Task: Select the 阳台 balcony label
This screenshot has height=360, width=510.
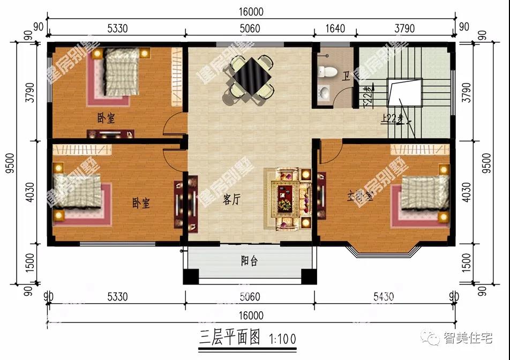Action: (x=249, y=261)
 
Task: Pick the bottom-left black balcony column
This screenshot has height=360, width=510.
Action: (x=191, y=276)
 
